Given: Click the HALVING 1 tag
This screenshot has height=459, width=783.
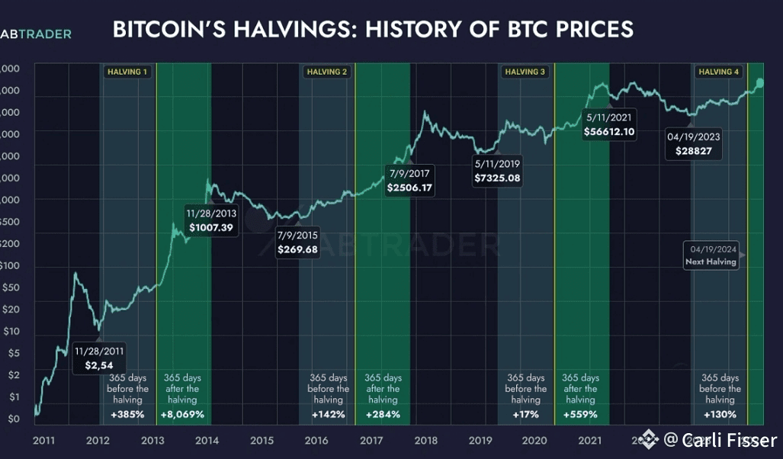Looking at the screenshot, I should [x=127, y=72].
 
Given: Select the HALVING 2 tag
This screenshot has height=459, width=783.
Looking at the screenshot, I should [x=326, y=72].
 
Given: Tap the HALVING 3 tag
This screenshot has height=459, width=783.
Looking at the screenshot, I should [x=525, y=72].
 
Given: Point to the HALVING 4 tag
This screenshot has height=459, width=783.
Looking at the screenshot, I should [x=719, y=72].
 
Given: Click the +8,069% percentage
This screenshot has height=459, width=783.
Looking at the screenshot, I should [x=182, y=415].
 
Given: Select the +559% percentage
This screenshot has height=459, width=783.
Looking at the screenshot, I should [x=579, y=415].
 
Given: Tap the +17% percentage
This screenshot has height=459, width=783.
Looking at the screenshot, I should [x=525, y=415].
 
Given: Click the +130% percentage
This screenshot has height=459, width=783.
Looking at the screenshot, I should [x=720, y=415].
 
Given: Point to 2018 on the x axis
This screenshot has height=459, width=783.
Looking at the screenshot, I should [x=425, y=440].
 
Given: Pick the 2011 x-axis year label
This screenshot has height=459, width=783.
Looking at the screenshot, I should [x=43, y=440].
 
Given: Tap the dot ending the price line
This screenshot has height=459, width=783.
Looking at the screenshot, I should [x=759, y=83].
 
